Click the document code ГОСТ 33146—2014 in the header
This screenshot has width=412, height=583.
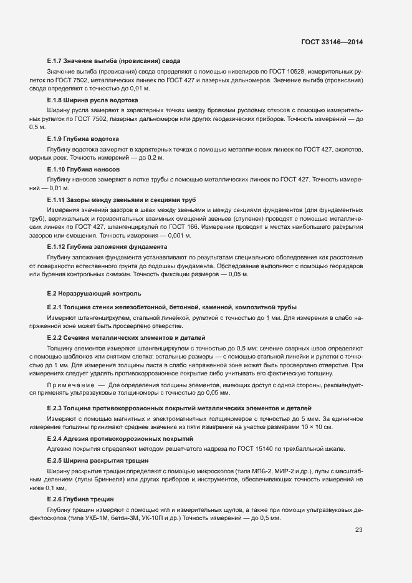332,42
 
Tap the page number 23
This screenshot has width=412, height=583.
358,530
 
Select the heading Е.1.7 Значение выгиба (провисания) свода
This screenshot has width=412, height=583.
113,61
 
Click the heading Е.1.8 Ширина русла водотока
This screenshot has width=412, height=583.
92,100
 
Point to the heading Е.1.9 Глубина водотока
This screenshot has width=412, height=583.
83,138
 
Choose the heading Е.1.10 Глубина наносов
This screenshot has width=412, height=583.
82,169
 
